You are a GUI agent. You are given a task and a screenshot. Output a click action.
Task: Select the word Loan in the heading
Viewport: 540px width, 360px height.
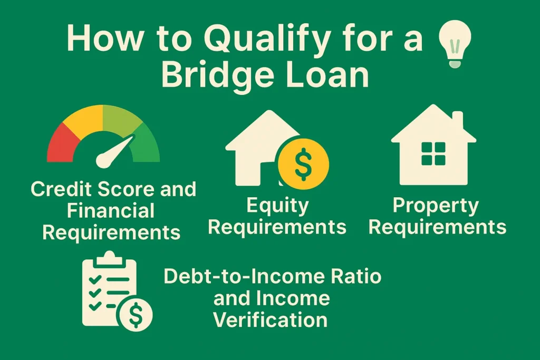click(327, 76)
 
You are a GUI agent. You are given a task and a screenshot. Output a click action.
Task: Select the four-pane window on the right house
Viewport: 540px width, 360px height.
click(433, 152)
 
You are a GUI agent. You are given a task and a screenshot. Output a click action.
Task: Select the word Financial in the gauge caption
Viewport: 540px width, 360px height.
click(110, 211)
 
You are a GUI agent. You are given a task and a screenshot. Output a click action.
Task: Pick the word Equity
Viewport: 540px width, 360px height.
click(277, 206)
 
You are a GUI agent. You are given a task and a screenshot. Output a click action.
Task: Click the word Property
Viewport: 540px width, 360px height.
click(435, 206)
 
